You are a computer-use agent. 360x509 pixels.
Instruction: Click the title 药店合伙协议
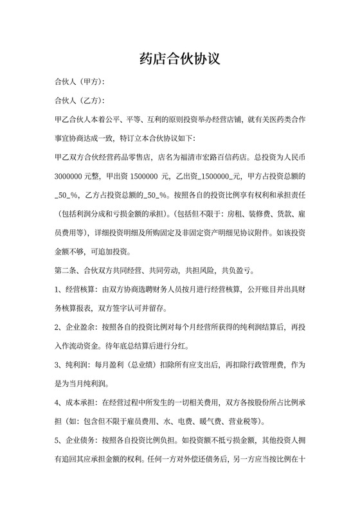coord(180,60)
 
